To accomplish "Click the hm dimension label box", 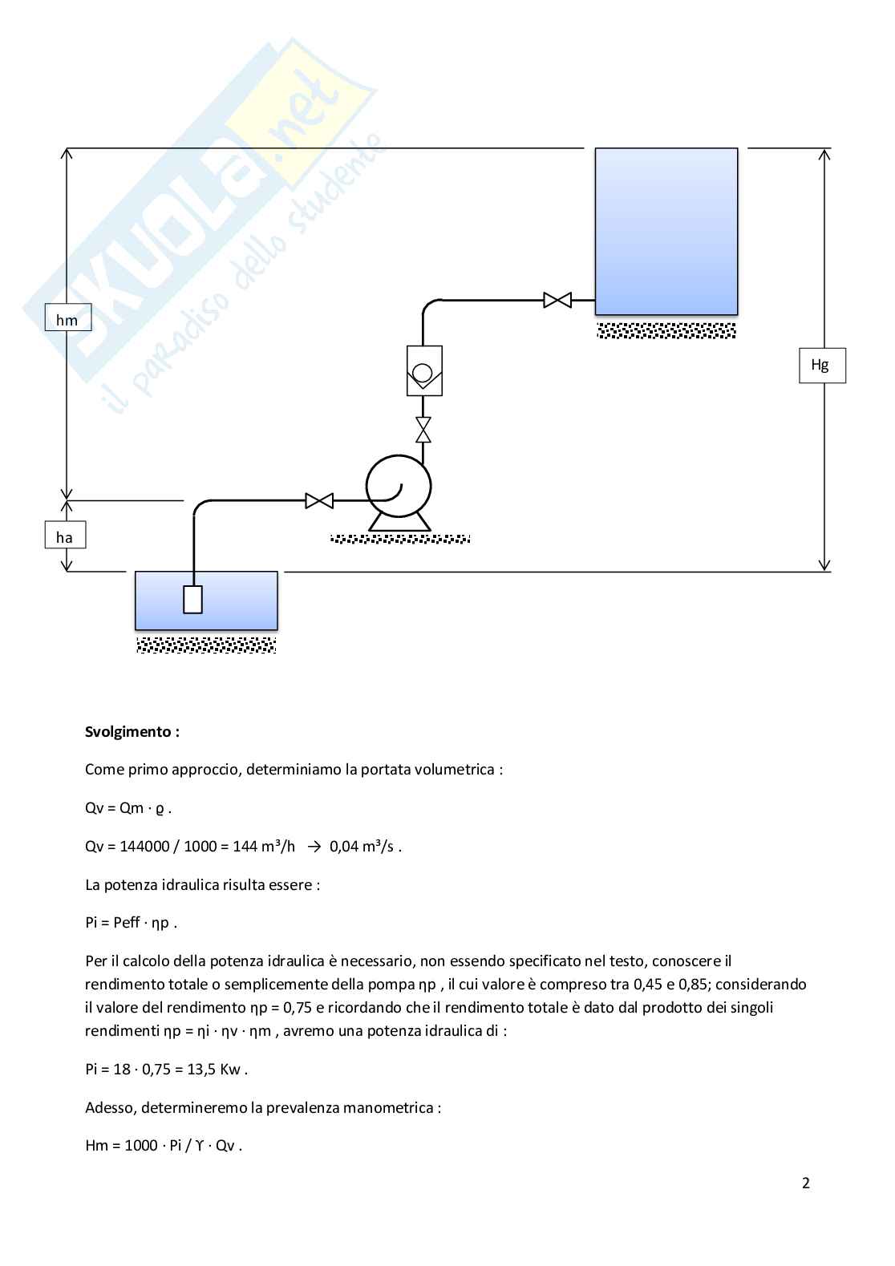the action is point(68,317).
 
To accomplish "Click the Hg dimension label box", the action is point(822,365).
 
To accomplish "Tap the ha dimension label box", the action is point(65,535).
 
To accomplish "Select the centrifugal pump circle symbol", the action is point(399,486).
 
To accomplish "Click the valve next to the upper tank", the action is point(557,300).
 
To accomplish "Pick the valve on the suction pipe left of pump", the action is point(319,501).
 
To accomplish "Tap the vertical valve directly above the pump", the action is point(423,430).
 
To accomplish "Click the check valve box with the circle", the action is point(424,370).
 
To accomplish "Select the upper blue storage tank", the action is point(666,231).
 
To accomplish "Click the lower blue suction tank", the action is point(206,601).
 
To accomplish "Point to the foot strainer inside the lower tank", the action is point(192,599).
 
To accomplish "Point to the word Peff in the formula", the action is point(127,922).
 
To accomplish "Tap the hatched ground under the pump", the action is point(400,539).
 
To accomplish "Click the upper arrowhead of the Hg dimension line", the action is point(824,154).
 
